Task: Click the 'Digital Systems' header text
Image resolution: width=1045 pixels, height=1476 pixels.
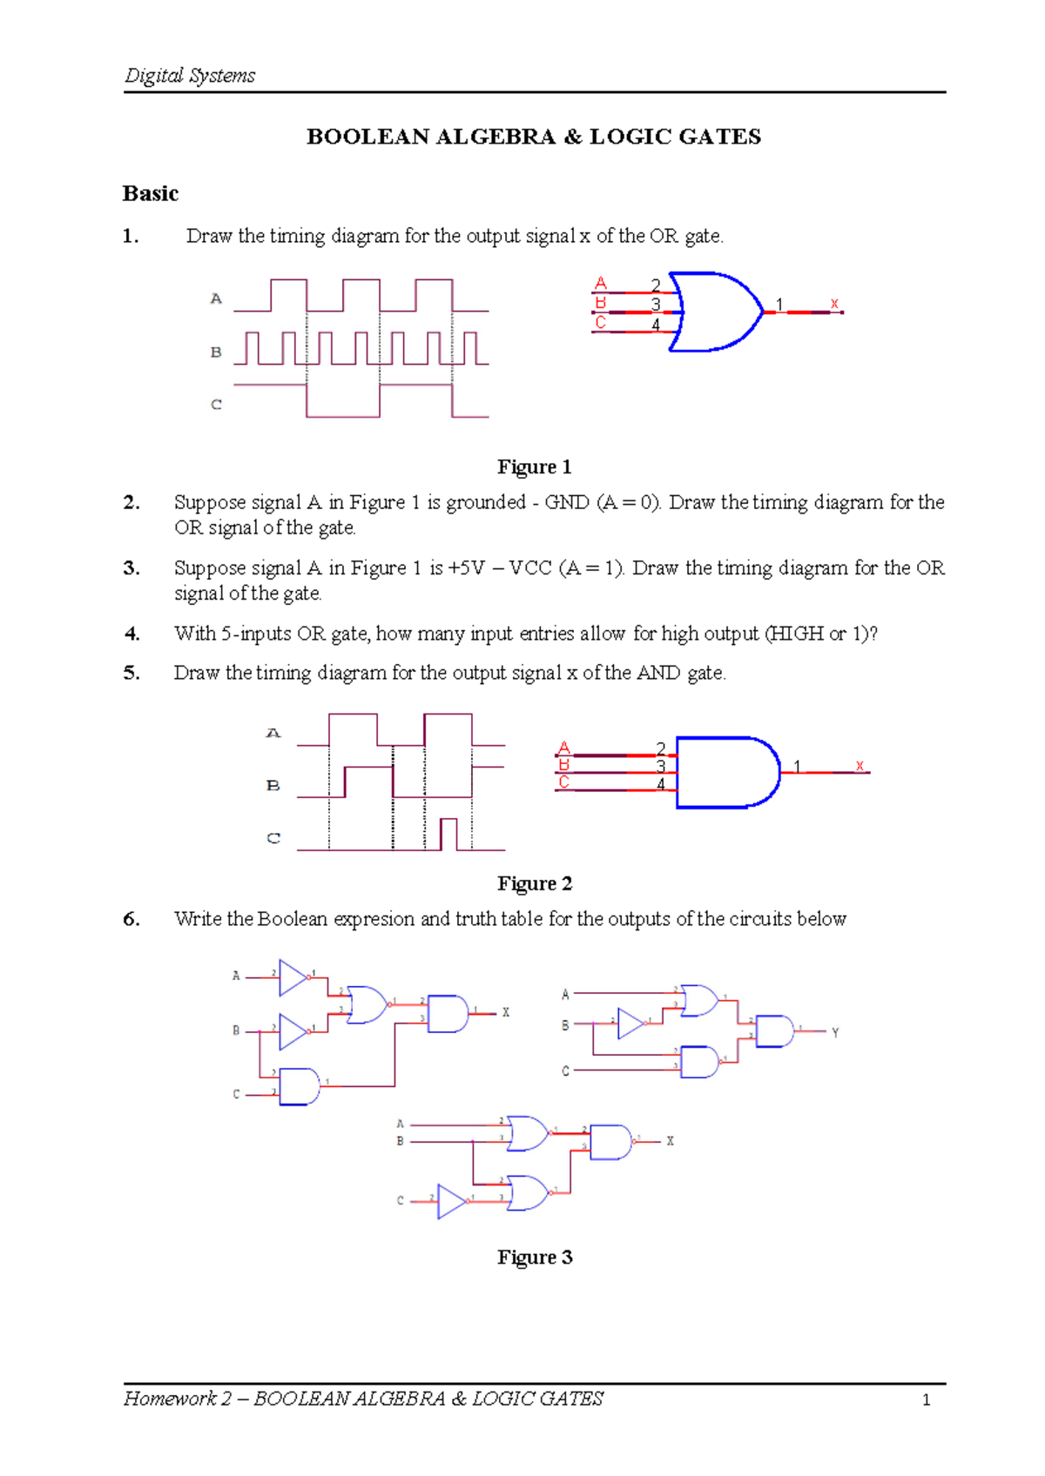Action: coord(190,76)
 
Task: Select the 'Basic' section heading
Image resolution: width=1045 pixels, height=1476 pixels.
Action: coord(151,193)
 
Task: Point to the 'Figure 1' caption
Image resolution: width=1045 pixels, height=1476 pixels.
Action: coord(534,467)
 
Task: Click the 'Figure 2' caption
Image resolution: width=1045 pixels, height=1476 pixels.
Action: coord(534,883)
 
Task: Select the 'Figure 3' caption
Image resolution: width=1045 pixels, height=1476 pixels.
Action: coord(534,1257)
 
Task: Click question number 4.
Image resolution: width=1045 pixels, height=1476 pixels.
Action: coord(131,634)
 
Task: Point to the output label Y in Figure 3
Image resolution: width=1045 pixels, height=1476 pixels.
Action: coord(835,1033)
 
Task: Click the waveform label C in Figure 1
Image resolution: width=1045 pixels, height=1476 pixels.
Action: coord(216,405)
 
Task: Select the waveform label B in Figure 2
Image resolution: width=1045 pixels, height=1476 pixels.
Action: coord(273,786)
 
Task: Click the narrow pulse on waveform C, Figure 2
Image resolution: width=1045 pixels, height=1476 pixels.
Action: coord(448,833)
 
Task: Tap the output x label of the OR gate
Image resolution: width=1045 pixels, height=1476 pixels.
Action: coord(834,304)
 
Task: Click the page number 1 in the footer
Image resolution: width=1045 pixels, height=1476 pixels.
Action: coord(926,1400)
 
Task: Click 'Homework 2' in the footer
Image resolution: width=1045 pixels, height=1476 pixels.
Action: coord(178,1399)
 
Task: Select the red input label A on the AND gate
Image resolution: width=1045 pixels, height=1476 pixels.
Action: coord(563,748)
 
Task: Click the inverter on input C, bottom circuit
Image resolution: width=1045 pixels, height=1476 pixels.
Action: coord(451,1201)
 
